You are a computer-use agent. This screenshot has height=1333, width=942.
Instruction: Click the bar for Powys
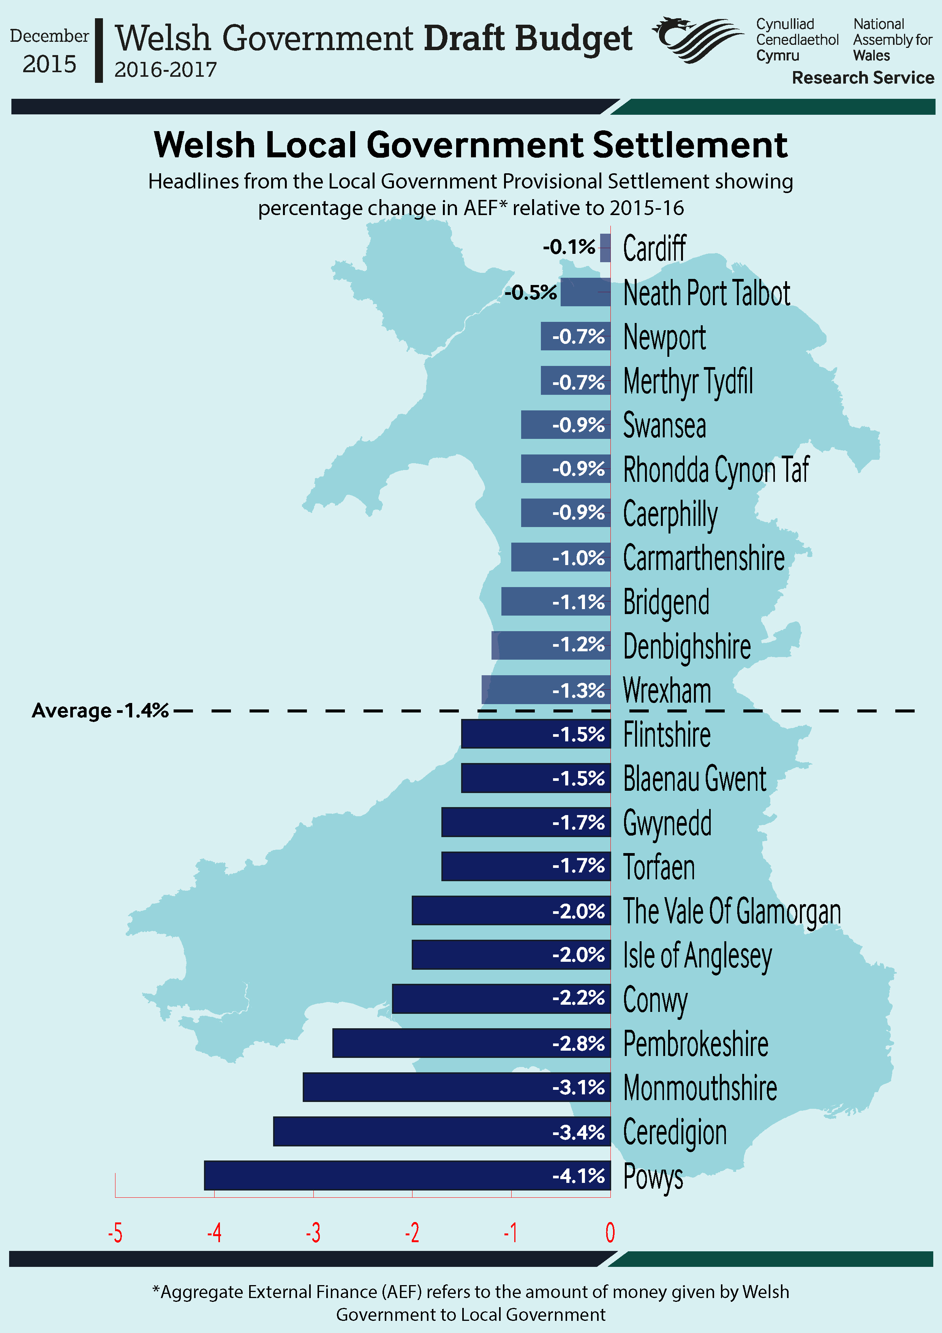pos(406,1175)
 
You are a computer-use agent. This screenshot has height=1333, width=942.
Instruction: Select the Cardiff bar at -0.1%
pos(605,248)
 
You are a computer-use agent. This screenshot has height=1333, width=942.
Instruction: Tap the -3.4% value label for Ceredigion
pos(578,1132)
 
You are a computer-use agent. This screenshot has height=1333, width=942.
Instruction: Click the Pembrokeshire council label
pos(695,1044)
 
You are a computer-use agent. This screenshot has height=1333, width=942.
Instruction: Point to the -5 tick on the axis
pos(115,1232)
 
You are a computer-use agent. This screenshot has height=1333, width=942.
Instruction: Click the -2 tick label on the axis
pos(412,1232)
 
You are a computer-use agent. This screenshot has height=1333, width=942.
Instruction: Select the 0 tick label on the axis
pos(610,1232)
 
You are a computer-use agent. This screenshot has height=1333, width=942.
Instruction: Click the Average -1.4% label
pos(100,710)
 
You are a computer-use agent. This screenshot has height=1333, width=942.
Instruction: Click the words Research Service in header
pos(863,78)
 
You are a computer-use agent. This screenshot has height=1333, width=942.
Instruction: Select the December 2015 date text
pos(49,51)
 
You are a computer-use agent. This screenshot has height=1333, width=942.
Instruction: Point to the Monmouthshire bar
pos(456,1087)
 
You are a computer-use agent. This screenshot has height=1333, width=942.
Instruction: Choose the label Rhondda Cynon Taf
pos(716,469)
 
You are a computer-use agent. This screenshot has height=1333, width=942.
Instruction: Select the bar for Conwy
pos(501,999)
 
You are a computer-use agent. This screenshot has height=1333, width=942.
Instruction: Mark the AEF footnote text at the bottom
pos(470,1303)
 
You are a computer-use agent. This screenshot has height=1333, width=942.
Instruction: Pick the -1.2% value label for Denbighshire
pos(578,644)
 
